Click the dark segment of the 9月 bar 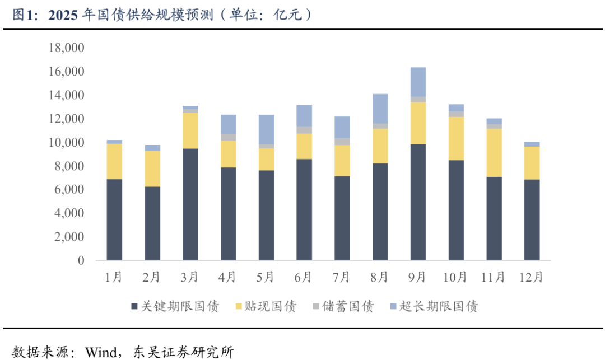click(418, 202)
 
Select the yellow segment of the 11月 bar click(494, 153)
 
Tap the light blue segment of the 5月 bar click(266, 129)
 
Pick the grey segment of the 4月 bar click(228, 137)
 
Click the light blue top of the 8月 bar click(380, 109)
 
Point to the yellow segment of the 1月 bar click(114, 161)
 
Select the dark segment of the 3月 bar click(190, 204)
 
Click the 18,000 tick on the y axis click(66, 49)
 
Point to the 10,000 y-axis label click(66, 143)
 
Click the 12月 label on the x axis click(532, 277)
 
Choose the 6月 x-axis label click(304, 277)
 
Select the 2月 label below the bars click(152, 277)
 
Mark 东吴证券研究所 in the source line click(183, 352)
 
